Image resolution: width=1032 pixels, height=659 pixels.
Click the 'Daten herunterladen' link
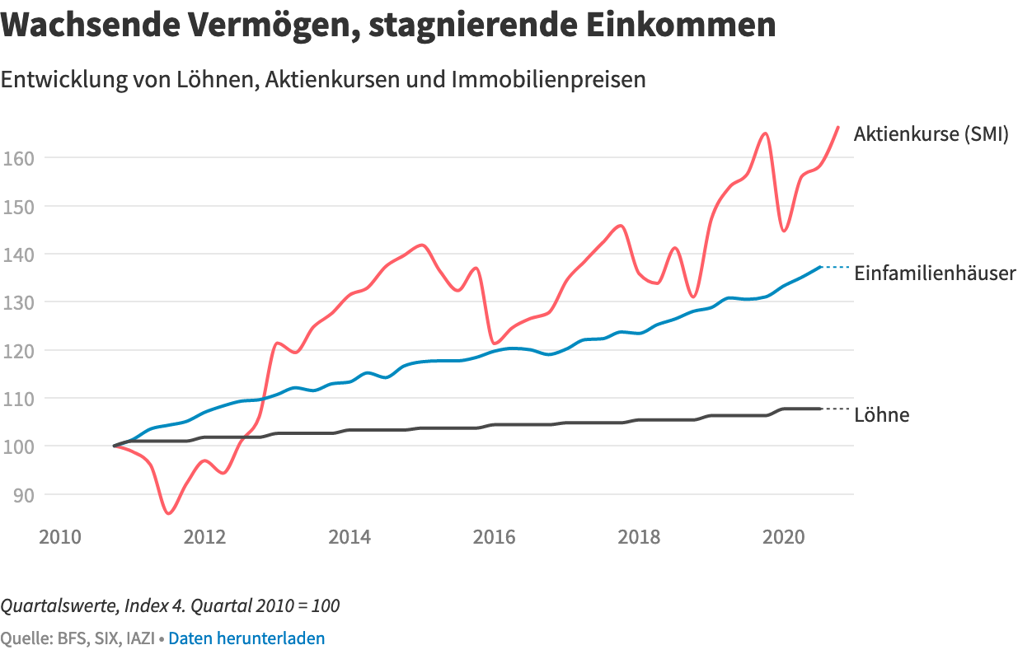click(x=246, y=638)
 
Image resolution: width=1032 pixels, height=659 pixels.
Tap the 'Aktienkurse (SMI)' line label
click(x=931, y=134)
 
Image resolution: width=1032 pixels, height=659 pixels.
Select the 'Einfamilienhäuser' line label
click(x=935, y=273)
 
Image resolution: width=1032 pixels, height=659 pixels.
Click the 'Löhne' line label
click(x=881, y=415)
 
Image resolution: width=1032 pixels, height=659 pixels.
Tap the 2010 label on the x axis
click(x=60, y=538)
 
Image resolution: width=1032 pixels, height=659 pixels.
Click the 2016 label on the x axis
click(x=495, y=538)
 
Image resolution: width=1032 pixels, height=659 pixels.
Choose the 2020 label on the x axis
click(x=784, y=538)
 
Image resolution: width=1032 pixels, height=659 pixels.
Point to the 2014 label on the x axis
click(x=349, y=538)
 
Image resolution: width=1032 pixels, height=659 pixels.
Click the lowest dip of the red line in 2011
click(x=168, y=513)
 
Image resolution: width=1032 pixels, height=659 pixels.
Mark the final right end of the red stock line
click(x=837, y=128)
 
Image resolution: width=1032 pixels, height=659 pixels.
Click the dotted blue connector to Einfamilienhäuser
click(x=836, y=267)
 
